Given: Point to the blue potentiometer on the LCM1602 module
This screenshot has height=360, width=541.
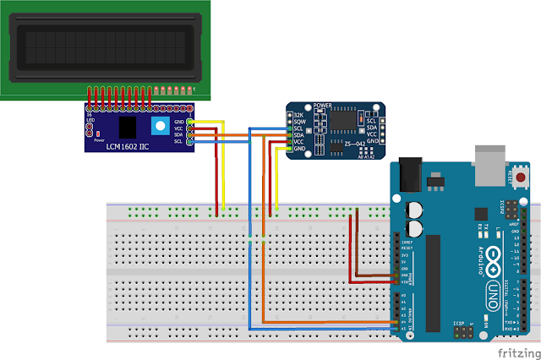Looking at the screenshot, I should pyautogui.click(x=160, y=127).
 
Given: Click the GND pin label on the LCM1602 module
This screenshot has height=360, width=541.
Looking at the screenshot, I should pyautogui.click(x=178, y=122).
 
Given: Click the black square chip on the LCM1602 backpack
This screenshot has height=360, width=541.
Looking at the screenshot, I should pyautogui.click(x=128, y=127).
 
